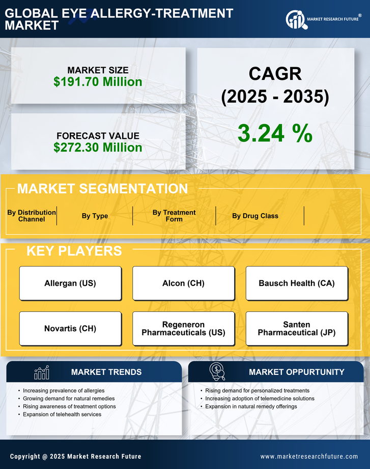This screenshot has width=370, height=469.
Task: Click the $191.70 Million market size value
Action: (x=98, y=81)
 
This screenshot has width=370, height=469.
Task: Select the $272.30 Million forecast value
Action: (x=98, y=148)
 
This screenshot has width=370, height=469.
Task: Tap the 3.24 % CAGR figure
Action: (x=275, y=133)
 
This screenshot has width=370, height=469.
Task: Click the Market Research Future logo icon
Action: (x=295, y=20)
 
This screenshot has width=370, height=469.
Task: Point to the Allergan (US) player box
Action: (x=70, y=283)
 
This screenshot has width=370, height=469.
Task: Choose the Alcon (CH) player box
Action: (x=183, y=283)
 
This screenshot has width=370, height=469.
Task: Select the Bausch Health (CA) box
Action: (x=297, y=283)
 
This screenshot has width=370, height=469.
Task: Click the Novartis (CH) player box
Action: (x=70, y=329)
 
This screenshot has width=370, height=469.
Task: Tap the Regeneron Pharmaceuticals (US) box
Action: (x=183, y=329)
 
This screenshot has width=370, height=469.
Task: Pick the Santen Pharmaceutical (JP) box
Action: (x=297, y=329)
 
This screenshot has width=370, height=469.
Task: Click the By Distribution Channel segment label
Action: (x=32, y=216)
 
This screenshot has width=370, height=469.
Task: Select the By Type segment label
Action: (x=95, y=216)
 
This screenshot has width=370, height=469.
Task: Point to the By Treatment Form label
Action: (x=174, y=216)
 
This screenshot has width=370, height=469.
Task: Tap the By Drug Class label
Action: (x=255, y=216)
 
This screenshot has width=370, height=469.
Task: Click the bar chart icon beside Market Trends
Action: (x=42, y=372)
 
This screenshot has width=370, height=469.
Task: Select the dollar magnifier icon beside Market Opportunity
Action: (x=217, y=372)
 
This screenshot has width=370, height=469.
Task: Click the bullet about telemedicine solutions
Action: (x=260, y=399)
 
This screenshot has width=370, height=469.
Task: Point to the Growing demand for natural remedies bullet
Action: (x=69, y=399)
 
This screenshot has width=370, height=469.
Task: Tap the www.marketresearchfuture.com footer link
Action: (x=309, y=456)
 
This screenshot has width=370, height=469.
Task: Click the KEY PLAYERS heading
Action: (x=74, y=251)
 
